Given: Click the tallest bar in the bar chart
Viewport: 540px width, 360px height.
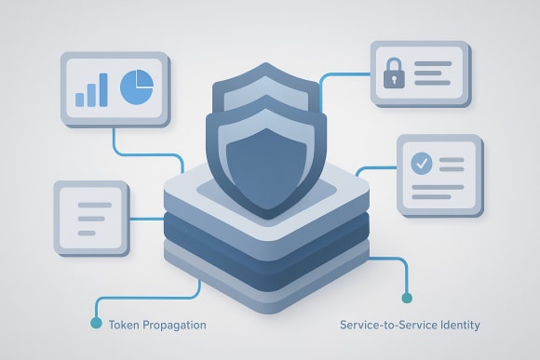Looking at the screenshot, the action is coord(104,88).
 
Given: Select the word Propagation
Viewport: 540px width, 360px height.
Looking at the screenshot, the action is coord(174,325).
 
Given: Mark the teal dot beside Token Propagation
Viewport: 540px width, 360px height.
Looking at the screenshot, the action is coord(95,324).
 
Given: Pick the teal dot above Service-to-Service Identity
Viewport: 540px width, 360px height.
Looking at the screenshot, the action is coord(405,298).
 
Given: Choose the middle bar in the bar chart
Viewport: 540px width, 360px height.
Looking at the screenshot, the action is coord(91,93).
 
